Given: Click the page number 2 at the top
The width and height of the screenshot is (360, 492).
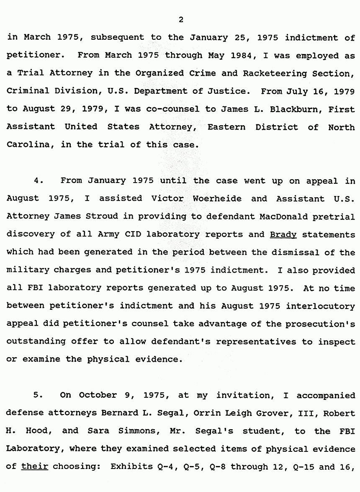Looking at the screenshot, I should (x=180, y=20).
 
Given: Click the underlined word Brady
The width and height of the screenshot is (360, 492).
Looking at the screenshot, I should (x=283, y=234).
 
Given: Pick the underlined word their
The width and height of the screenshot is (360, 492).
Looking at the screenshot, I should (x=35, y=466).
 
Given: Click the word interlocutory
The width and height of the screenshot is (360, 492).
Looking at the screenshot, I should (x=321, y=306).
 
